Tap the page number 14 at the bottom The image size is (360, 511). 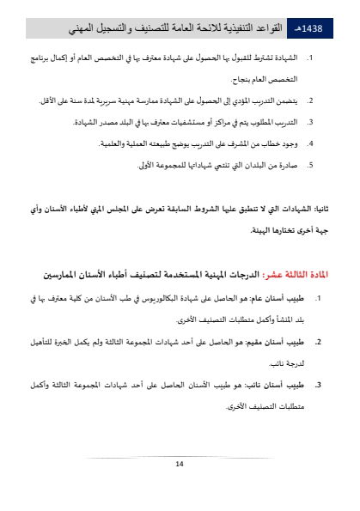pos(180,464)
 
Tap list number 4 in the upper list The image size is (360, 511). pos(309,143)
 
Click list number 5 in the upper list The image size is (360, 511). pos(309,164)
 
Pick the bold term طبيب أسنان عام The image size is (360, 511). pos(281,299)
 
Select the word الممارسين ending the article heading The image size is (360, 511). pos(66,276)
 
